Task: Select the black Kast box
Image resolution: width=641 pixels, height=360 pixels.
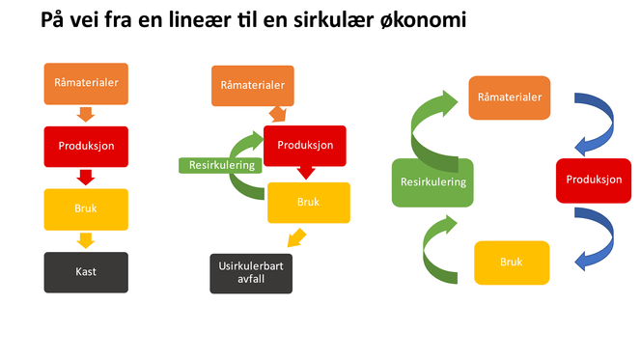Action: click(x=86, y=272)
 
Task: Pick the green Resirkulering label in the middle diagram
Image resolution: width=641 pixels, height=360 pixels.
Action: click(x=221, y=165)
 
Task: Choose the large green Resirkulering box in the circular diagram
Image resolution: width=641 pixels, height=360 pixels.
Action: click(x=432, y=181)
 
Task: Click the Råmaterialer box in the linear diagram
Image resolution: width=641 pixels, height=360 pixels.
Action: click(x=86, y=84)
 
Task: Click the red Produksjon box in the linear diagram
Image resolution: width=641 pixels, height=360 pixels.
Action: click(x=86, y=146)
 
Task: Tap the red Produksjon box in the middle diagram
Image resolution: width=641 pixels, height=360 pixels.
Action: click(x=305, y=146)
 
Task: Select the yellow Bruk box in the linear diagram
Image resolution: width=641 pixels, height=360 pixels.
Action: click(x=86, y=208)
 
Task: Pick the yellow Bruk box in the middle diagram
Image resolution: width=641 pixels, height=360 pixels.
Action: click(x=307, y=203)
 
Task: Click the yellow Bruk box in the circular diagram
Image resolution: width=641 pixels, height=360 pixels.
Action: click(x=511, y=263)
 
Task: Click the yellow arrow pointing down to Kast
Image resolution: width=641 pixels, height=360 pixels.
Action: click(x=86, y=240)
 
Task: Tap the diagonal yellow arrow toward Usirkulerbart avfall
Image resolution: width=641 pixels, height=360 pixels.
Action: click(x=298, y=237)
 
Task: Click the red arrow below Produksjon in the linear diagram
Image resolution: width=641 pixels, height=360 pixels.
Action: click(x=86, y=177)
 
